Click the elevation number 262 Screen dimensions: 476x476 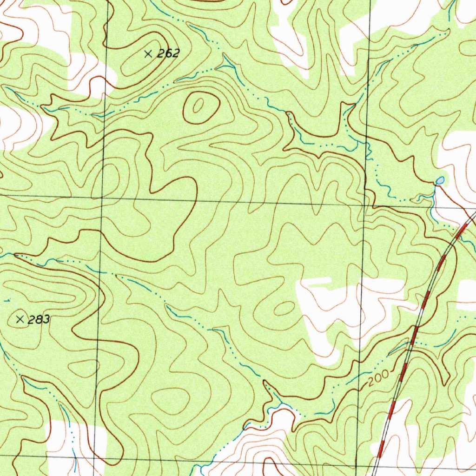[168, 54]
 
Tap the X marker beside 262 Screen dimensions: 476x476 [148, 54]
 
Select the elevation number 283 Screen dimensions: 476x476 [39, 320]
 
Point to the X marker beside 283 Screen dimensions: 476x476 [20, 319]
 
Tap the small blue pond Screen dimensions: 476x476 [440, 180]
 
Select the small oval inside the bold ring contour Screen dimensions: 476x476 [198, 106]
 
